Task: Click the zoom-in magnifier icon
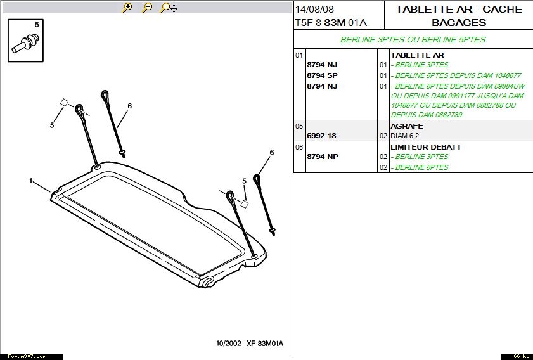point(127,8)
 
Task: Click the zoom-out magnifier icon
point(147,8)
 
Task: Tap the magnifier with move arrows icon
point(169,8)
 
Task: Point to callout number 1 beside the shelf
point(31,181)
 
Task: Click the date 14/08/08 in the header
point(314,9)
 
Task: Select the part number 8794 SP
point(322,75)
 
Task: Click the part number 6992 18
point(321,136)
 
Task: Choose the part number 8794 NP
point(322,157)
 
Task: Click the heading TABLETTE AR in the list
point(417,55)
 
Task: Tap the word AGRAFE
point(406,126)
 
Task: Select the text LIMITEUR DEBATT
point(426,147)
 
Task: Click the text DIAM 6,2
point(404,136)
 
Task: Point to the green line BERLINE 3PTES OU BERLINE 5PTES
point(413,40)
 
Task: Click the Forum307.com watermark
point(27,357)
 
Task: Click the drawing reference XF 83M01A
point(265,344)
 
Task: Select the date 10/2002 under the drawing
point(228,344)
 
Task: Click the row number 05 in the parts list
point(299,127)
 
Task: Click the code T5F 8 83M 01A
point(331,23)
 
